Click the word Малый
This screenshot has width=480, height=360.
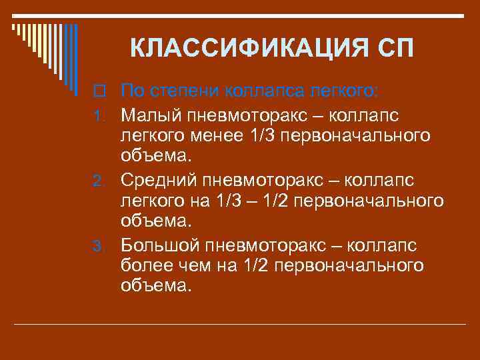tap(149, 115)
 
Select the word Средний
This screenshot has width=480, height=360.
tap(159, 181)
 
